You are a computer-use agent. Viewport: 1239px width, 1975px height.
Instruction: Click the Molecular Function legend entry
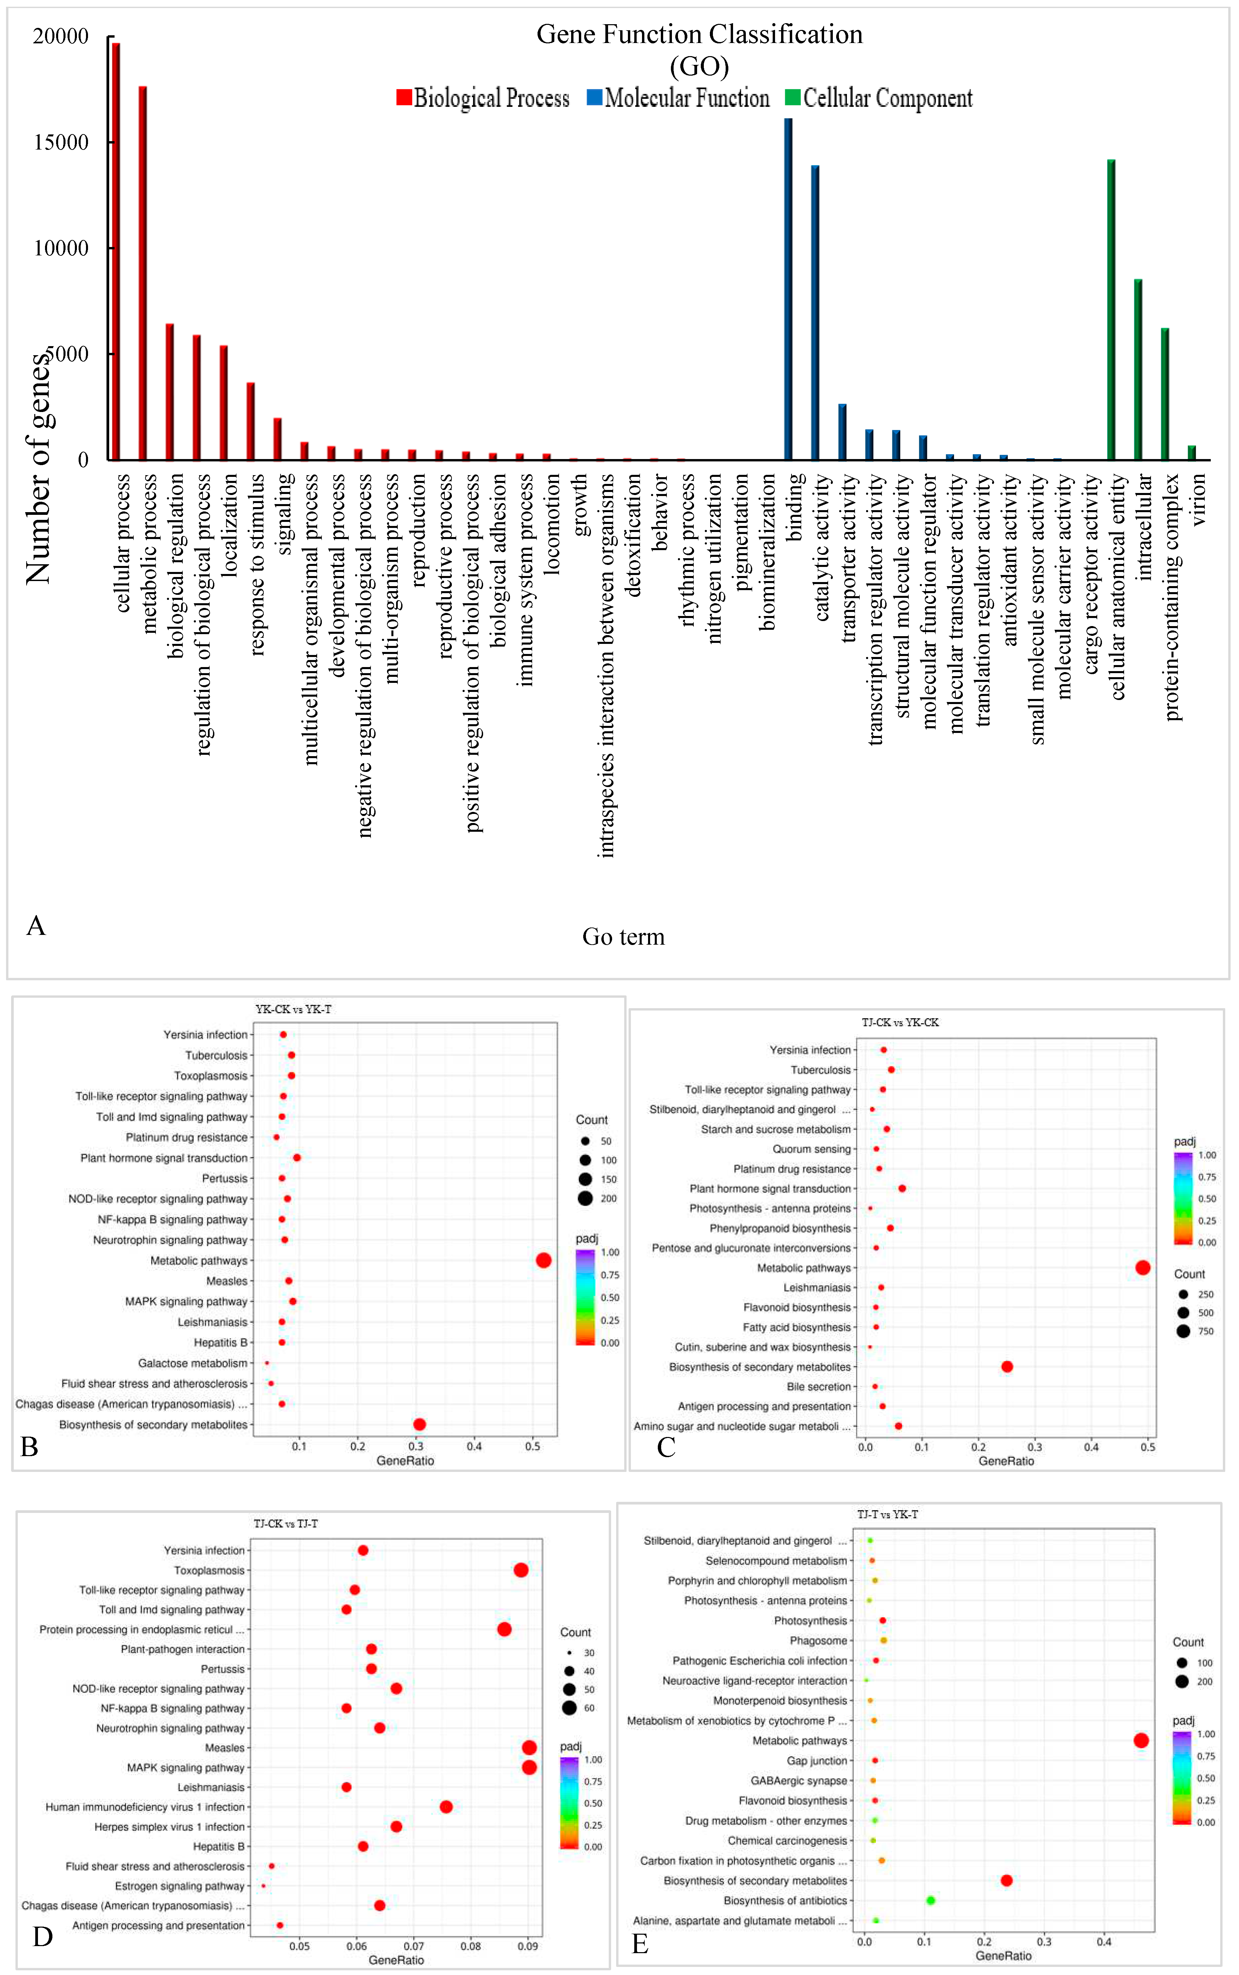[679, 98]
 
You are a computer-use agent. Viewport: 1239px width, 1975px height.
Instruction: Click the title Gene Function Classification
[699, 34]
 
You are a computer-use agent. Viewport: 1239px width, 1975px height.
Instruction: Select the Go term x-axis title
[623, 936]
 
